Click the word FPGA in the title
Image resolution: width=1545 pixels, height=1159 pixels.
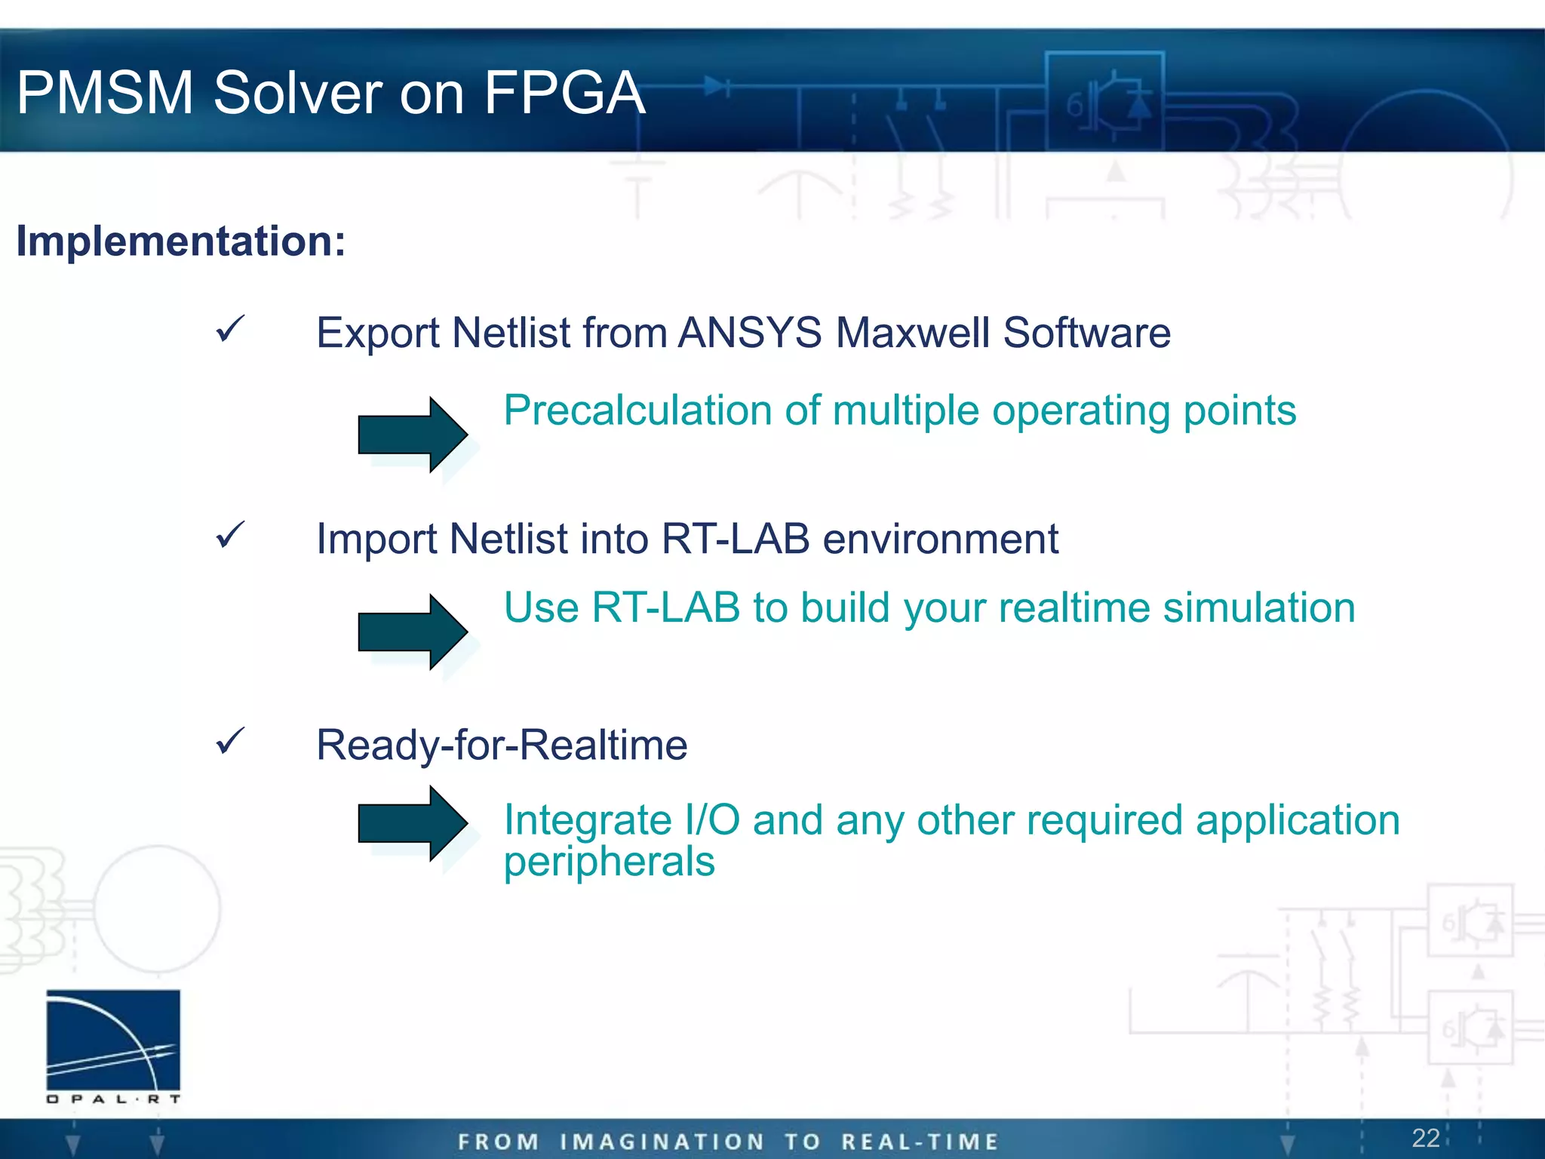[x=564, y=93]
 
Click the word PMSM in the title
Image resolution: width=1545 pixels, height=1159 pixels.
[x=106, y=93]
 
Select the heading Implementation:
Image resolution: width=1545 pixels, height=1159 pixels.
[x=181, y=241]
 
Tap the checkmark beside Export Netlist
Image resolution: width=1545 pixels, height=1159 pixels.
[x=229, y=330]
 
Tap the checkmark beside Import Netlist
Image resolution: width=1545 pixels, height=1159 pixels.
[x=229, y=535]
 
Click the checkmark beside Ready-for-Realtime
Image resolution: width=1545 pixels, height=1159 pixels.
[x=229, y=741]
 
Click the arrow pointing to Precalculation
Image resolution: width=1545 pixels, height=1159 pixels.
[x=411, y=435]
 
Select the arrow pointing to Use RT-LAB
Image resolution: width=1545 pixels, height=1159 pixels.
[x=411, y=632]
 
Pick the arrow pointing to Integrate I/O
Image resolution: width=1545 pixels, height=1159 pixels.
[x=411, y=823]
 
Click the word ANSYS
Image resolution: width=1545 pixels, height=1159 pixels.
[x=750, y=333]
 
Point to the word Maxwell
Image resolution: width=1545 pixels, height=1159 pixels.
[x=912, y=333]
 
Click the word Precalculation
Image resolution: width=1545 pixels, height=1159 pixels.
[x=637, y=411]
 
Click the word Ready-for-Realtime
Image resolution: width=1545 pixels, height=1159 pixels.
[x=502, y=746]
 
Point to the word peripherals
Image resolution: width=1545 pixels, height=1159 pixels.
[x=609, y=862]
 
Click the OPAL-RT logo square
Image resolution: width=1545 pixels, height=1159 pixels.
[x=113, y=1040]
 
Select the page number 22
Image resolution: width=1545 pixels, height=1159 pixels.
[x=1425, y=1138]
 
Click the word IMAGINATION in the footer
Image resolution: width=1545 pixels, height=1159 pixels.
[x=662, y=1142]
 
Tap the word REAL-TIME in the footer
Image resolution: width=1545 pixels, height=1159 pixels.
[x=920, y=1142]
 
